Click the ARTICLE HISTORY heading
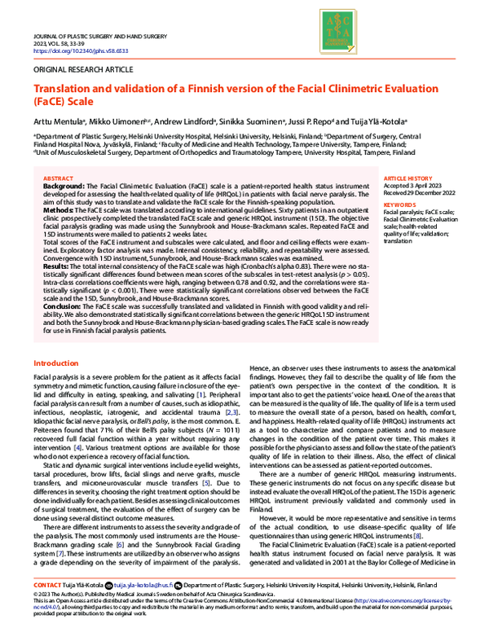pos(406,177)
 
